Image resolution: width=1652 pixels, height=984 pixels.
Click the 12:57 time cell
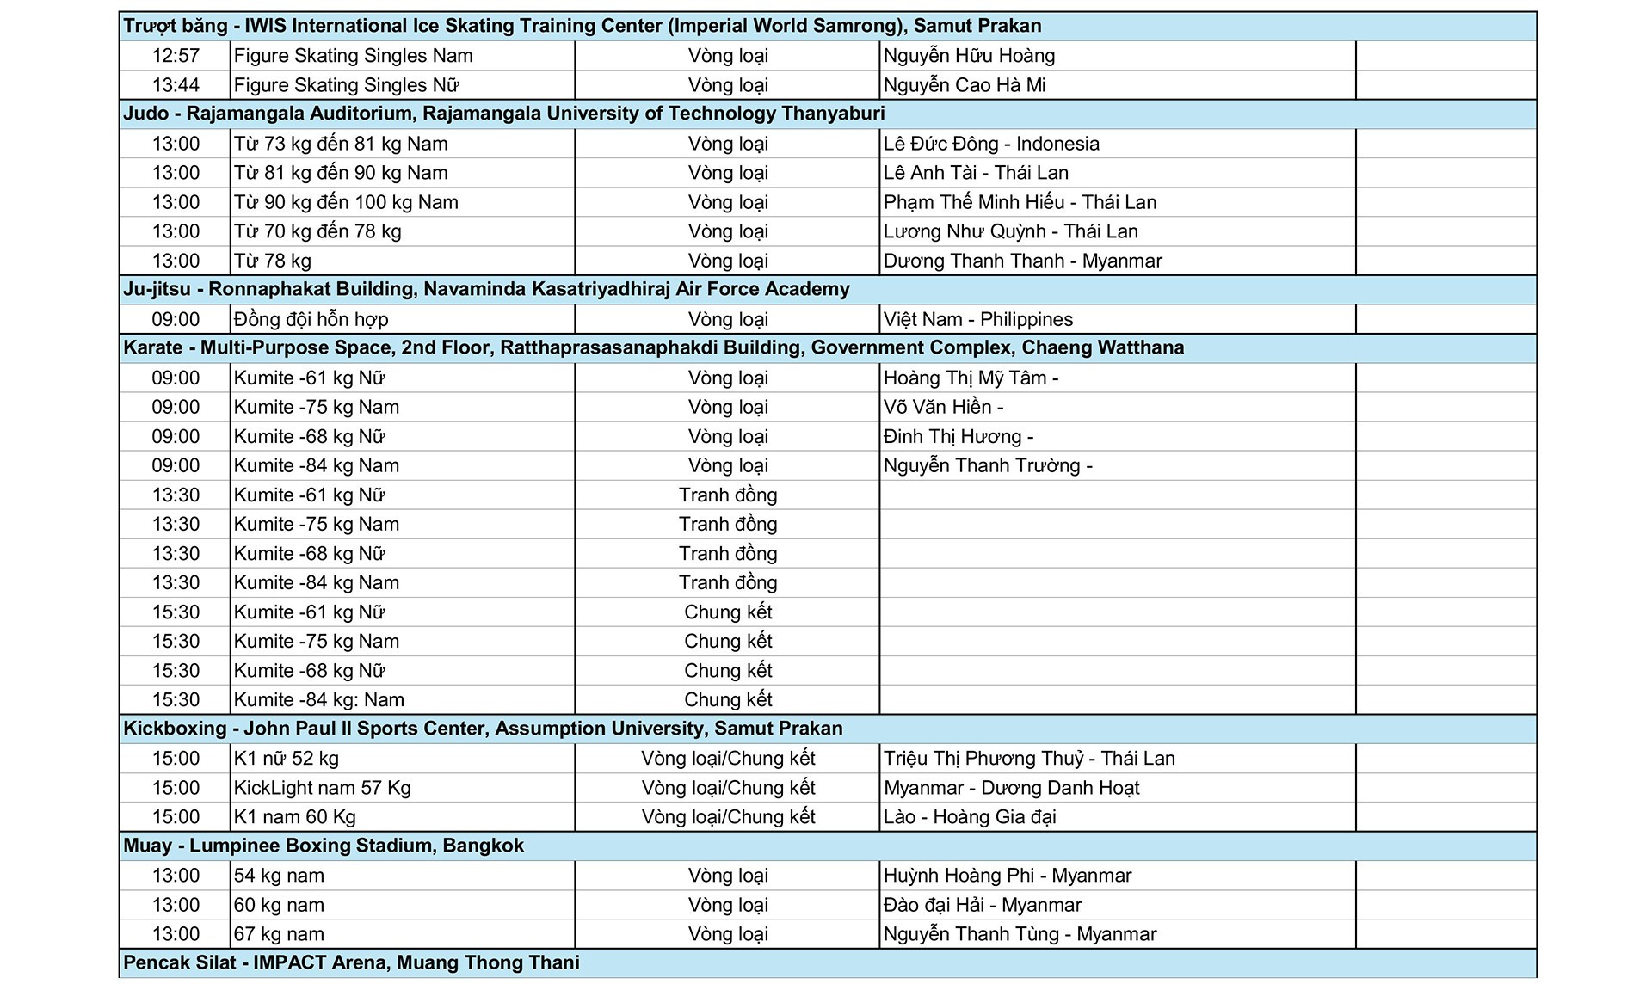(x=176, y=56)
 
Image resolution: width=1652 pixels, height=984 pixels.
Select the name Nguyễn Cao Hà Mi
(x=965, y=85)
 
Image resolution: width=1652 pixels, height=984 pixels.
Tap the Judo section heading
(x=503, y=114)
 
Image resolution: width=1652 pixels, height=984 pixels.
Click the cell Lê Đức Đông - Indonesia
(x=991, y=144)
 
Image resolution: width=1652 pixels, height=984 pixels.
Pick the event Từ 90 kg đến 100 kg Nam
(x=346, y=202)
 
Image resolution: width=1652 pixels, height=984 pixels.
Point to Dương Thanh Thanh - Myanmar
(x=1022, y=261)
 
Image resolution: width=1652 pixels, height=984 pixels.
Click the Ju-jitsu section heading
(x=486, y=289)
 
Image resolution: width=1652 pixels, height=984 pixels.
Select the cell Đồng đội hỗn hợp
(x=311, y=319)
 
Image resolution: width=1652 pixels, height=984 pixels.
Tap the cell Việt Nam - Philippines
(x=978, y=319)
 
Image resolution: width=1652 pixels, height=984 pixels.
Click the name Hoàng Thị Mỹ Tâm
(x=965, y=378)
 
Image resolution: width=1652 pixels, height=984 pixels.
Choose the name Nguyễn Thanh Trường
(x=982, y=465)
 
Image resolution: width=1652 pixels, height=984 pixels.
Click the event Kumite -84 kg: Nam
(x=319, y=699)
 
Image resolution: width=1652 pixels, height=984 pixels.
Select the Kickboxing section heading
(x=483, y=729)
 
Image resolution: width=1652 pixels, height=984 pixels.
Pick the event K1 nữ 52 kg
(x=287, y=758)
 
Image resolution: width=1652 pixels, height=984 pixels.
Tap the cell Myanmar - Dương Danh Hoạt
(x=1011, y=787)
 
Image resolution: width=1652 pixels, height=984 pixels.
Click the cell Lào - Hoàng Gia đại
(x=970, y=816)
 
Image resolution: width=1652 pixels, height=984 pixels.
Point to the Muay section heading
(x=324, y=846)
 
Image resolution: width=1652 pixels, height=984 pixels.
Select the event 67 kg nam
(x=279, y=933)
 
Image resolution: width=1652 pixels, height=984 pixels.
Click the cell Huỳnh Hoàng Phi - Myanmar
(x=1008, y=875)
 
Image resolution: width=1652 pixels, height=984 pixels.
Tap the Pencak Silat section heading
(x=351, y=962)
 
